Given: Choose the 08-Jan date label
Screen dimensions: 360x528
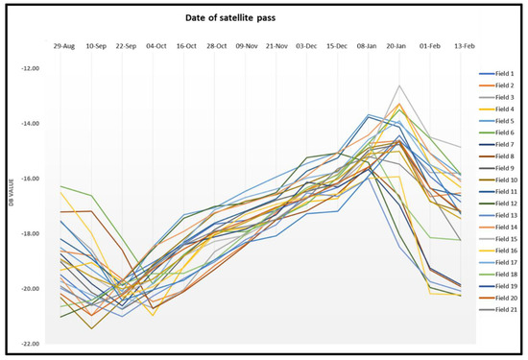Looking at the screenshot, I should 367,45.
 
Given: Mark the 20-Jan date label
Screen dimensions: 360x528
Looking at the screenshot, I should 396,45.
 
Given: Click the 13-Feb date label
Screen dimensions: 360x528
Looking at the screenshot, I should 455,45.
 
